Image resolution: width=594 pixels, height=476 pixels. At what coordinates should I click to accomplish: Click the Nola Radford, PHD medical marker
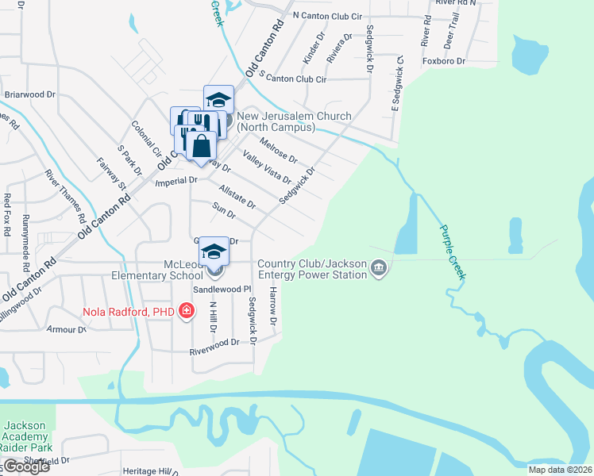click(187, 310)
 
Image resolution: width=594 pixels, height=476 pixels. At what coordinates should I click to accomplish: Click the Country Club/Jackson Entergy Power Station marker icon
click(379, 269)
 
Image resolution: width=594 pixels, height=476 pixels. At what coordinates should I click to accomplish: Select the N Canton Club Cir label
click(326, 15)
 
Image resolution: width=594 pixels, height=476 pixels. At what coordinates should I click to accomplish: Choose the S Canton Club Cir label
click(287, 79)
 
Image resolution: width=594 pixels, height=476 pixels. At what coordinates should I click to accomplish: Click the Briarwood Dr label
click(29, 94)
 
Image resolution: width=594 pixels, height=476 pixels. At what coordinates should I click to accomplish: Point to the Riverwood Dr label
click(214, 342)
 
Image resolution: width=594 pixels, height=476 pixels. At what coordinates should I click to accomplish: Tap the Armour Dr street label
click(60, 328)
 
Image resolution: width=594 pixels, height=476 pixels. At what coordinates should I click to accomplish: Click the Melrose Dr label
click(278, 148)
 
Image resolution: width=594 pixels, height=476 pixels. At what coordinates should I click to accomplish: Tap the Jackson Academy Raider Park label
click(28, 436)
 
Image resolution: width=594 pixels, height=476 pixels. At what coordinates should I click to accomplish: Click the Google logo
click(25, 466)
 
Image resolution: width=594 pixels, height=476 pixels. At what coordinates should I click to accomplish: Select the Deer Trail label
click(454, 30)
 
